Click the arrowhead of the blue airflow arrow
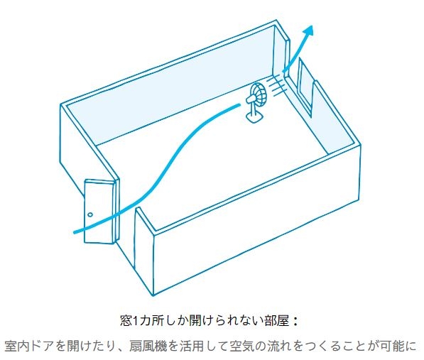coord(308,31)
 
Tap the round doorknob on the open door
coord(90,215)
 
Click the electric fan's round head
coord(259,93)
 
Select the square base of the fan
coord(254,116)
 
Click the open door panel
coord(99,212)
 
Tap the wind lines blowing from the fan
coord(276,85)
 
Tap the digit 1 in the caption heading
coord(135,322)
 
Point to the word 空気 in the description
coord(241,347)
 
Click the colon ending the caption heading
coord(295,322)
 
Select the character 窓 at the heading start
coord(126,322)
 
